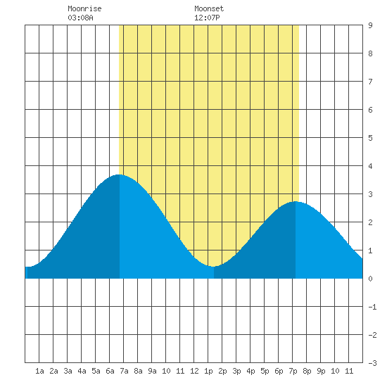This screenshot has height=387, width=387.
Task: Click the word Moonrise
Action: [84, 8]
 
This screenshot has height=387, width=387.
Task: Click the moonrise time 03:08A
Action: [80, 18]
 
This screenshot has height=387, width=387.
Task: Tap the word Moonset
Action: [209, 8]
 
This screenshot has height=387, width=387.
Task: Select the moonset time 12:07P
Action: [207, 18]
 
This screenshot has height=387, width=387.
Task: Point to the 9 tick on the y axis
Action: [370, 25]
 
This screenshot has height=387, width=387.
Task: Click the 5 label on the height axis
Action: [370, 138]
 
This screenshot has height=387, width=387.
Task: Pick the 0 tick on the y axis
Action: [370, 279]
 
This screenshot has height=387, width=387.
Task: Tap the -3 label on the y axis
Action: [372, 363]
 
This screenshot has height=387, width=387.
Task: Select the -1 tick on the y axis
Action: [372, 307]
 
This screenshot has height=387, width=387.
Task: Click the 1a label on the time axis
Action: [39, 371]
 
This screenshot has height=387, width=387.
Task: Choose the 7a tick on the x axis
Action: [124, 371]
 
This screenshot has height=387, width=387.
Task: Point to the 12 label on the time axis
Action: [194, 371]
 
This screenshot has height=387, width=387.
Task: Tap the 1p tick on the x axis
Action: [208, 371]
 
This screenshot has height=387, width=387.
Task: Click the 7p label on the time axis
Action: [293, 371]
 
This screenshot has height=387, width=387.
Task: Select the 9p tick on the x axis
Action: [321, 371]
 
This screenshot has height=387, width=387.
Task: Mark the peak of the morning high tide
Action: [119, 175]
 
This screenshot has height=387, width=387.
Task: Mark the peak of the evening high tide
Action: [296, 202]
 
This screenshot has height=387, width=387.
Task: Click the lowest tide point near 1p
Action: [213, 266]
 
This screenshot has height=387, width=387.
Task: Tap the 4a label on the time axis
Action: [82, 371]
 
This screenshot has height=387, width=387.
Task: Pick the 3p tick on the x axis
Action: [236, 371]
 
